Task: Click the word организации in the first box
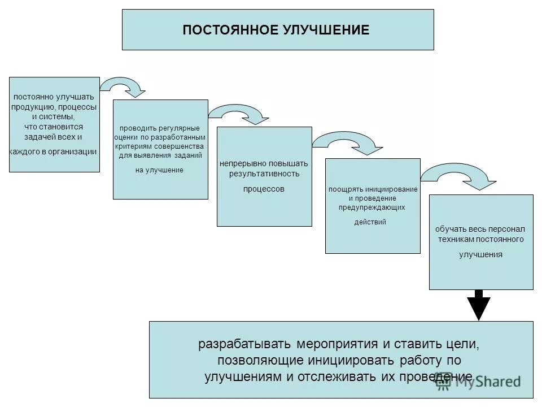76,151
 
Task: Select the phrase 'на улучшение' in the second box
160,170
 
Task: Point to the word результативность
264,174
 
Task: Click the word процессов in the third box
264,189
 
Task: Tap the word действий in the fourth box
370,222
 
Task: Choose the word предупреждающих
372,207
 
